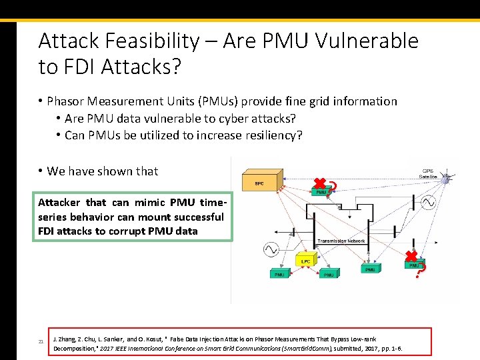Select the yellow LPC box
[305, 261]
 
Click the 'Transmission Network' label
[341, 241]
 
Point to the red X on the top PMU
[321, 183]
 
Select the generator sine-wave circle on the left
[271, 249]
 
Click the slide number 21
[41, 342]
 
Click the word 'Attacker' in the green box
[59, 203]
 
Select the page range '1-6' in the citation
[393, 349]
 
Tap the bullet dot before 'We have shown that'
[41, 171]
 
